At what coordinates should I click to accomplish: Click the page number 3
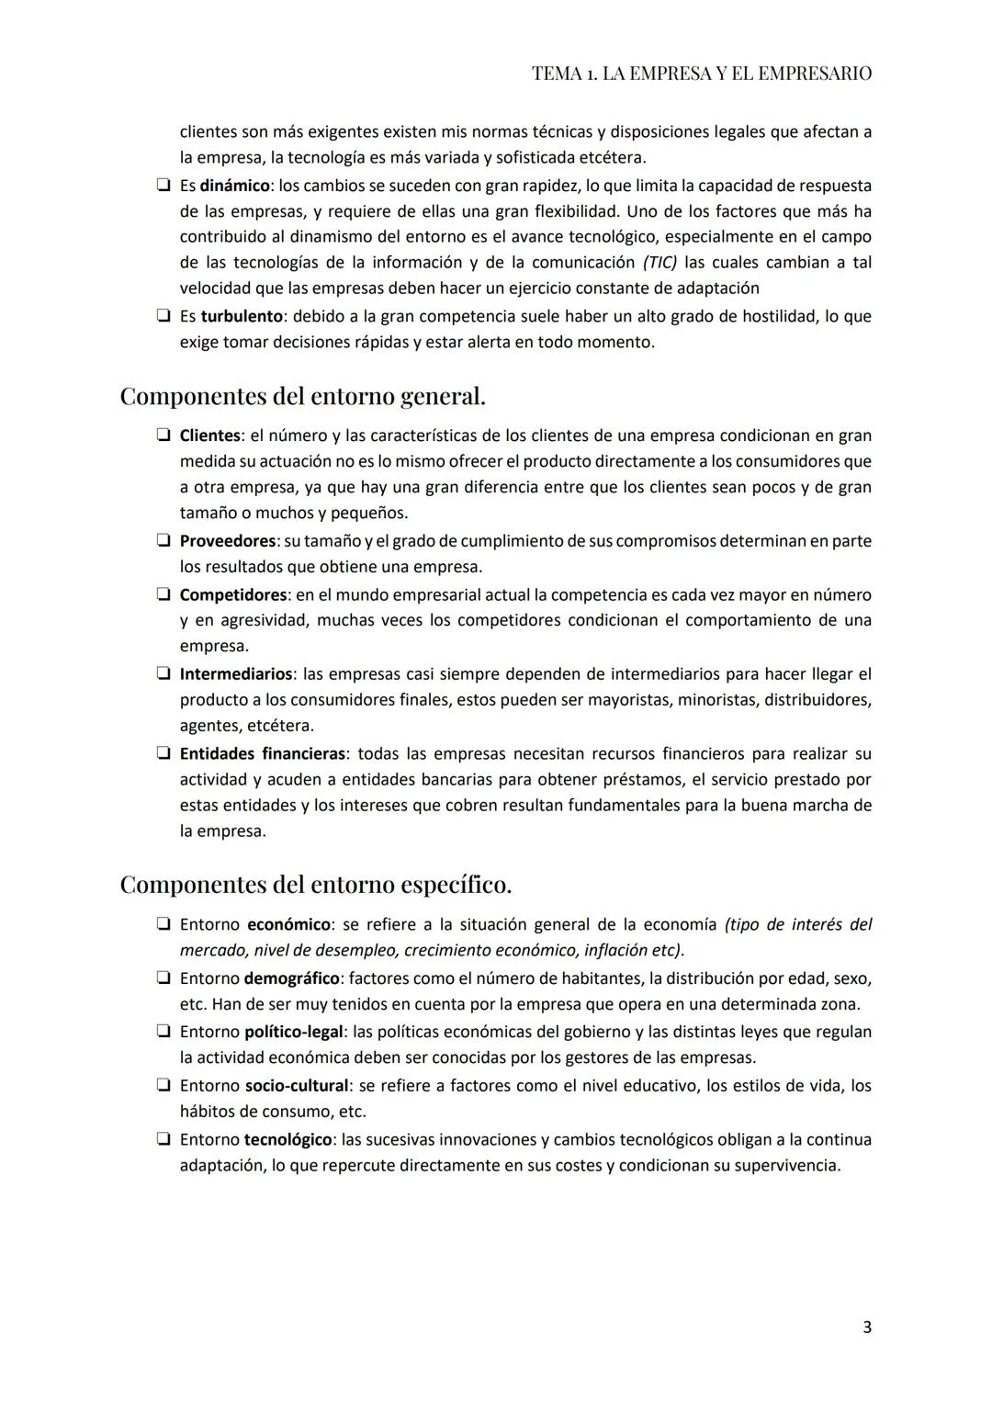pyautogui.click(x=867, y=1328)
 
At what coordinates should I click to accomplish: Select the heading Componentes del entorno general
pyautogui.click(x=302, y=397)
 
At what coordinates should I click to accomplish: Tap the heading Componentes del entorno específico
pyautogui.click(x=315, y=885)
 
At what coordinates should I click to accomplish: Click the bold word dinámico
pyautogui.click(x=234, y=186)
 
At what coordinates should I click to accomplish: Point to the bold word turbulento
pyautogui.click(x=241, y=316)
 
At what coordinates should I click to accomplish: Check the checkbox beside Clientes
pyautogui.click(x=163, y=435)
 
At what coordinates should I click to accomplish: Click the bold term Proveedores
pyautogui.click(x=227, y=541)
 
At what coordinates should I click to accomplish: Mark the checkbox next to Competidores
pyautogui.click(x=163, y=595)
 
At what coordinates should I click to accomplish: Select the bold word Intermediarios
pyautogui.click(x=235, y=674)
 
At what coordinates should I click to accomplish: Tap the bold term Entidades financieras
pyautogui.click(x=262, y=754)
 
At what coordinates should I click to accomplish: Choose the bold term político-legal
pyautogui.click(x=293, y=1032)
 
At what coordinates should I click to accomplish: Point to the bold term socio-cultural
pyautogui.click(x=296, y=1086)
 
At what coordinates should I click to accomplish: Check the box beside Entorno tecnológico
pyautogui.click(x=163, y=1139)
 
